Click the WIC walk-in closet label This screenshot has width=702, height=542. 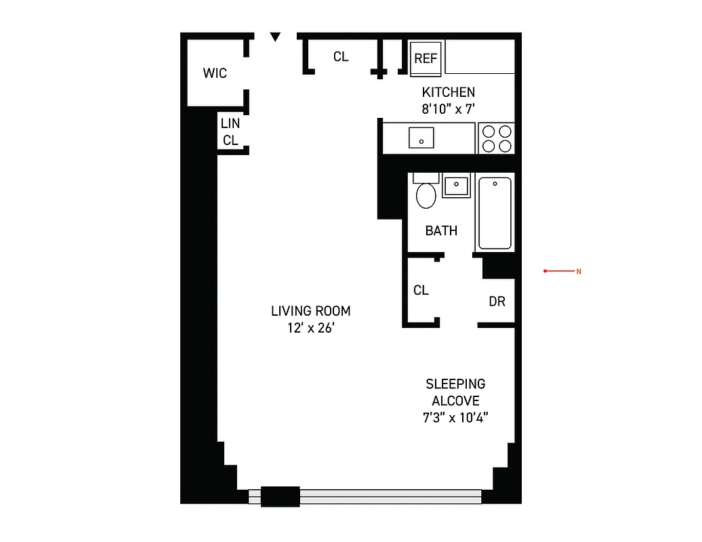pos(215,73)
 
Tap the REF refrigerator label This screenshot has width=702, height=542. pos(426,59)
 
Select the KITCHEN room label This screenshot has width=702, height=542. pos(449,92)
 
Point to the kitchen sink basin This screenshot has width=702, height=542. pos(421,138)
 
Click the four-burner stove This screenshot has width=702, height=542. pos(496,138)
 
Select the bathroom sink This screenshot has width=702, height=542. pos(456,186)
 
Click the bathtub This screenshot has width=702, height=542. pos(495,213)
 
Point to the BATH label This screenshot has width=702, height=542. pos(441,231)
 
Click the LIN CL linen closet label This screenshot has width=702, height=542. pos(230,132)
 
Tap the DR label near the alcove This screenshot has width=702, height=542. pos(497,301)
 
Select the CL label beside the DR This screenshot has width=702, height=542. pos(421,290)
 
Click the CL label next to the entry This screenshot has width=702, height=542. pos(341,57)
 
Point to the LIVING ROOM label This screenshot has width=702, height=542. pos(311,311)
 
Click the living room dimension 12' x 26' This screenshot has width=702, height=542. pos(311,329)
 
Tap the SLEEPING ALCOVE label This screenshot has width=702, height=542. pos(455,392)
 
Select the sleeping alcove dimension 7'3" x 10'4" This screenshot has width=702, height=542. pos(455,417)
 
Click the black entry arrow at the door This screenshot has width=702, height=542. pos(274,37)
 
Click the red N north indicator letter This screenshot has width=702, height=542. pos(579,272)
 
